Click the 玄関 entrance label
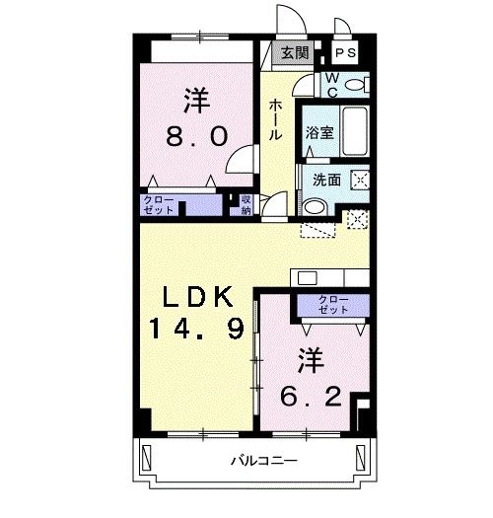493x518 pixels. (295, 53)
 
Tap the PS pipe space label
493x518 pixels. (345, 53)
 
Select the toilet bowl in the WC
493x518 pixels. (354, 85)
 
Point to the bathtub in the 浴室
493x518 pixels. (355, 131)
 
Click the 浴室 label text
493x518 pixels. (319, 133)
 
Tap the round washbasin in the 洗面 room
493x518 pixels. (315, 207)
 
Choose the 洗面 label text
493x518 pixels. (326, 180)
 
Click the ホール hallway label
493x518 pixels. (275, 120)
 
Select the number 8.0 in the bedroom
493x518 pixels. (197, 136)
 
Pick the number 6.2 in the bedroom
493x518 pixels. (311, 396)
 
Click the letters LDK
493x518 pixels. (197, 297)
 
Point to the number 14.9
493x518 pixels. (197, 329)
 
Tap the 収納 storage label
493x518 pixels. (246, 205)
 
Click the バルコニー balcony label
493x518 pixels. (264, 460)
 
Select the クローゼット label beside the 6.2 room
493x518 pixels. (333, 305)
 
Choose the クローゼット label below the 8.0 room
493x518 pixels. (159, 205)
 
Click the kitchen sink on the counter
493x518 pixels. (307, 278)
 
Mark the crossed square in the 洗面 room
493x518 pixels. (360, 180)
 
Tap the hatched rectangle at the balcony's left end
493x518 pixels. (146, 457)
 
